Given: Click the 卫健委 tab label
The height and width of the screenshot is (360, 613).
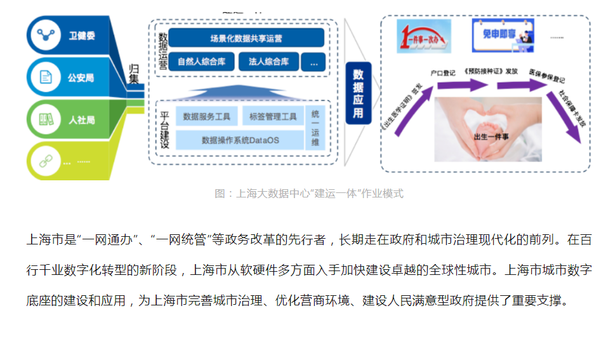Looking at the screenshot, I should (82, 36).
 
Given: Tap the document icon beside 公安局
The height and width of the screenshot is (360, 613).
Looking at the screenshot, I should (46, 77).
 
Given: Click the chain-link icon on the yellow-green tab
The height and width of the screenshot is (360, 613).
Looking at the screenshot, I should (45, 161).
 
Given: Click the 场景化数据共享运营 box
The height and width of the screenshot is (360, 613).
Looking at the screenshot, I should (246, 38).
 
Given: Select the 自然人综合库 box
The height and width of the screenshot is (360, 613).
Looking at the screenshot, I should (201, 62).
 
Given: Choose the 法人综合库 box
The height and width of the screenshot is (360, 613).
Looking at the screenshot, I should (269, 62).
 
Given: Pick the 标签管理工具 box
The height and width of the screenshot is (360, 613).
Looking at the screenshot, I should (273, 116).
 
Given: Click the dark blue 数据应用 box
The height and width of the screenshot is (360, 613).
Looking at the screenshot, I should (359, 93).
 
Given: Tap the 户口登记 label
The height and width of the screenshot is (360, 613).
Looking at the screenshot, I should (442, 73).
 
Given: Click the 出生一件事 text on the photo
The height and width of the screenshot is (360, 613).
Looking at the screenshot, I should (488, 136).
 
